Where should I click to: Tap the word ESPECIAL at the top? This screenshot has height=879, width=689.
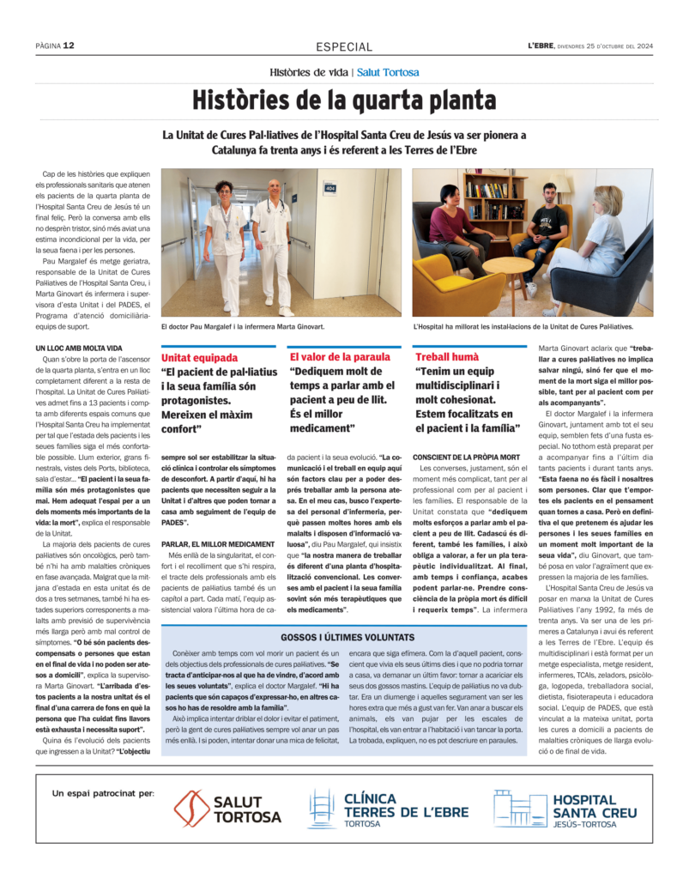[344, 47]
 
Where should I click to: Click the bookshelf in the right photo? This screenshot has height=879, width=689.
[497, 197]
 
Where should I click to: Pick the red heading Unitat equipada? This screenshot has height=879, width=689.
[200, 356]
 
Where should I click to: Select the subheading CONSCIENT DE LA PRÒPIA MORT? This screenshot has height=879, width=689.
[467, 456]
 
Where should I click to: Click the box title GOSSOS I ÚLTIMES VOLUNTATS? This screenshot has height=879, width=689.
[348, 637]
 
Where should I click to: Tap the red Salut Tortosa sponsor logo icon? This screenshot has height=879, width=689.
[191, 809]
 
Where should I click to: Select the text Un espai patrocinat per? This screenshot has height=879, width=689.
[103, 792]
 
